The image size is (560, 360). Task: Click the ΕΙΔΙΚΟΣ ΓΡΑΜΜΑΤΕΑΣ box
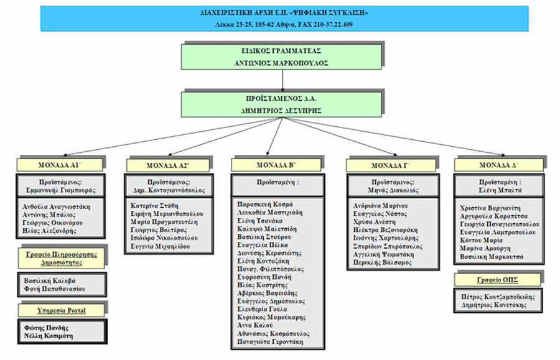(x=282, y=57)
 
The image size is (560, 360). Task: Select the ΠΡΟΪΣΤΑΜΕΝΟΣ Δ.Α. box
(x=282, y=103)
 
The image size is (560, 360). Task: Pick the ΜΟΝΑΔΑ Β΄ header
(x=271, y=164)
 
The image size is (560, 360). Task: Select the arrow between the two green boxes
(x=282, y=80)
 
